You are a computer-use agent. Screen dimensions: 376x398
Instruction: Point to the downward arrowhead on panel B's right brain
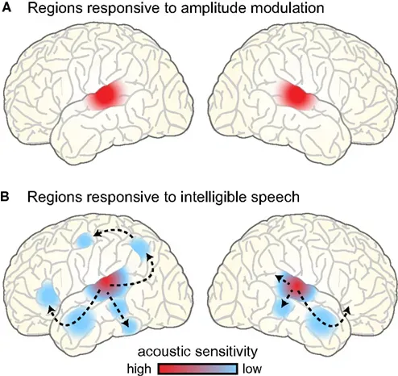coord(284,309)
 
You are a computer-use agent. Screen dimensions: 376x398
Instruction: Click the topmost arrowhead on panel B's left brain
coord(95,234)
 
